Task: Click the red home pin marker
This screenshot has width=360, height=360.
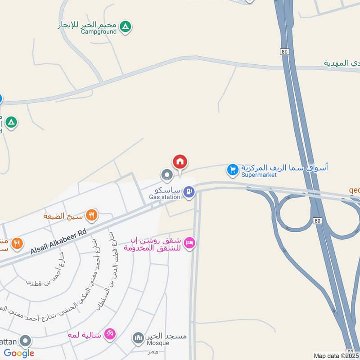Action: pos(180,162)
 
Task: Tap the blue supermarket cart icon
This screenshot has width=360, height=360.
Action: pos(232,170)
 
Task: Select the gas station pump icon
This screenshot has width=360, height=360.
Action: pos(189,192)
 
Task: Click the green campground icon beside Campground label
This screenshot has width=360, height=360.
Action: pos(126,27)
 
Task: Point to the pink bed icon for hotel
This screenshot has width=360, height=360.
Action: pos(190,243)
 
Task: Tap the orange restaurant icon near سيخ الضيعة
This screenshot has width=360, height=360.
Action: pos(92,215)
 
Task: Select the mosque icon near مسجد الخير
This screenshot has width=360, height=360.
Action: pos(138,337)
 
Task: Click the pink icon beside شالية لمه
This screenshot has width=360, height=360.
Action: pos(110,334)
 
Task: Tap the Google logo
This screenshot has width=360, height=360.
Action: pos(19,353)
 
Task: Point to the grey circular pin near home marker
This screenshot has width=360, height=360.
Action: pos(167,175)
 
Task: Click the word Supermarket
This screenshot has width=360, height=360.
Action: pos(259,175)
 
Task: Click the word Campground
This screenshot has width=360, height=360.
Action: pos(99,31)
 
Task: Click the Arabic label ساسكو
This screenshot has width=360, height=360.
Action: pos(169,189)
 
